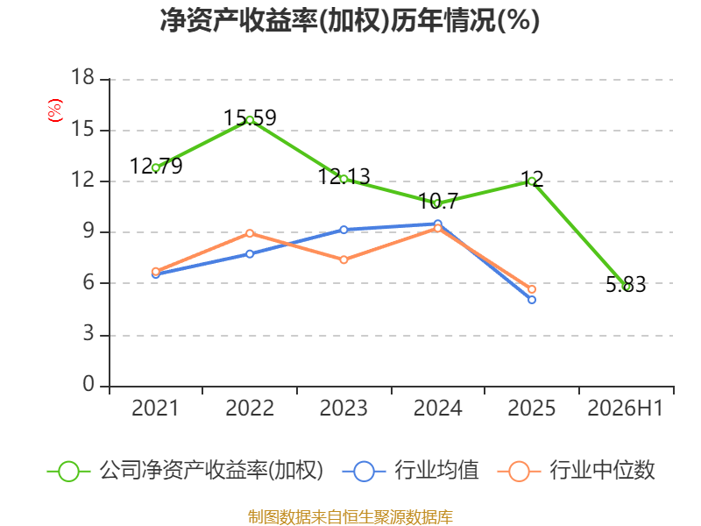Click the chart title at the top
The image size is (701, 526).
350,20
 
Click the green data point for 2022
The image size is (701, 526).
250,120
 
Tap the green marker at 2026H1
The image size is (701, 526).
626,287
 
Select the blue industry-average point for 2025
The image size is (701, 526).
532,300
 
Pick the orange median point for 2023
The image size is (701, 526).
343,259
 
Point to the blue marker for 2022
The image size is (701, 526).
250,254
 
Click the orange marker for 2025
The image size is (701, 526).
532,289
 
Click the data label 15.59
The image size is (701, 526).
250,118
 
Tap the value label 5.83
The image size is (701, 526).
626,284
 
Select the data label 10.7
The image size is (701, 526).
438,202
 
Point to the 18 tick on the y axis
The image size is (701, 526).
82,77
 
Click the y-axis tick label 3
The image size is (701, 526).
89,334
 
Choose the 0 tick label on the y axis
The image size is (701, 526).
89,384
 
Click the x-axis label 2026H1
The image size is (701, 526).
626,409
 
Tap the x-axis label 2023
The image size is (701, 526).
343,409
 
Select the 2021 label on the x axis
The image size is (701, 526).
155,409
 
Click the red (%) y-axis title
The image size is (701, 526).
55,110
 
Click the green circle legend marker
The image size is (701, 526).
69,472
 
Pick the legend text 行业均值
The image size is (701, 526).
436,471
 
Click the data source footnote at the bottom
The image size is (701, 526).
350,517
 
